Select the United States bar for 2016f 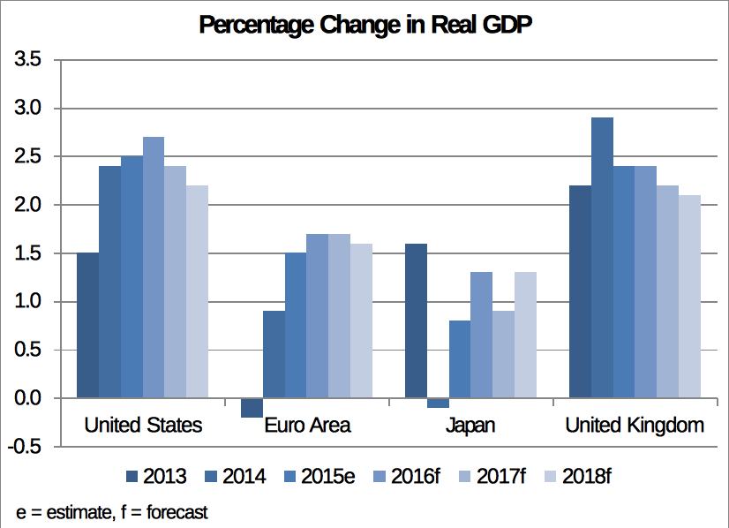coord(154,268)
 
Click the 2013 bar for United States coord(88,325)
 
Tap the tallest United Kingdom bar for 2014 coord(602,258)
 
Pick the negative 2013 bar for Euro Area coord(252,408)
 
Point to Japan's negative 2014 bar coord(438,403)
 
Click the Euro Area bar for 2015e coord(296,325)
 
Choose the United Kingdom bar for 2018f coord(689,297)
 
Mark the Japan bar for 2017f coord(503,354)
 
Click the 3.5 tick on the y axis coord(29,60)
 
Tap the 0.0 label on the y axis coord(29,398)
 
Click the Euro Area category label coord(307,426)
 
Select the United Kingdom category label coord(635,426)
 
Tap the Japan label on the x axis coord(470,426)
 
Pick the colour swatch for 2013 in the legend coord(132,477)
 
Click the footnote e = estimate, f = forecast coord(112,512)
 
